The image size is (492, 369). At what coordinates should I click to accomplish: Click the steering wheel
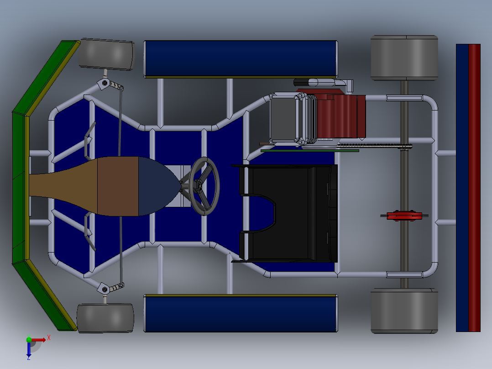(205, 186)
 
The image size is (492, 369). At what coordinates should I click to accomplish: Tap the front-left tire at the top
(107, 54)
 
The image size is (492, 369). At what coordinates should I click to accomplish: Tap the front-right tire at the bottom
(105, 318)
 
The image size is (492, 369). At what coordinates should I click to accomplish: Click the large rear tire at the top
(404, 58)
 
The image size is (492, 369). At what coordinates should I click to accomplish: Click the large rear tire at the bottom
(404, 311)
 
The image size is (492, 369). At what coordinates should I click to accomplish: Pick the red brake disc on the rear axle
(404, 216)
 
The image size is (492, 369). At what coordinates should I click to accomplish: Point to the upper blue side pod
(241, 58)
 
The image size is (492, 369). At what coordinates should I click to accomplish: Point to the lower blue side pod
(241, 314)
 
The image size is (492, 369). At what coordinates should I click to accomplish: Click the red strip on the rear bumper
(475, 187)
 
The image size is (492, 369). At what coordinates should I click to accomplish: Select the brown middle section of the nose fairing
(118, 186)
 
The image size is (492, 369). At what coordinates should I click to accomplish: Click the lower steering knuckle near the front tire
(105, 288)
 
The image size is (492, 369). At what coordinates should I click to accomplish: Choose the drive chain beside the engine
(374, 146)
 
